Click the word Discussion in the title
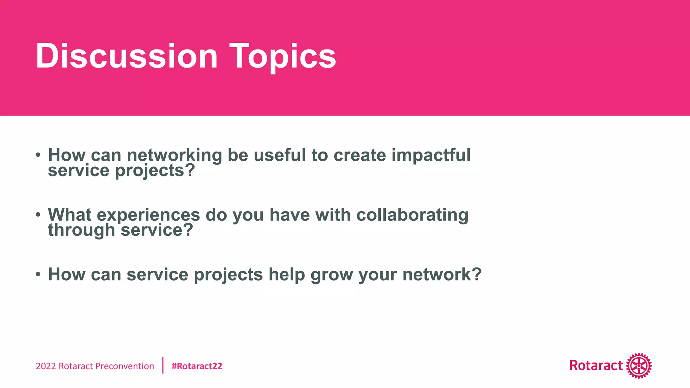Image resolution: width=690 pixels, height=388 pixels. (126, 56)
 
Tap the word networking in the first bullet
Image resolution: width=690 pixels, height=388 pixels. (174, 155)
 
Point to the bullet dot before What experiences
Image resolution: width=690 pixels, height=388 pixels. (38, 215)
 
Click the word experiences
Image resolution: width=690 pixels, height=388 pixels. (148, 215)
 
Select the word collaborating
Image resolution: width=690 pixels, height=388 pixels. (412, 215)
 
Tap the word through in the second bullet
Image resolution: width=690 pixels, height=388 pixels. (82, 230)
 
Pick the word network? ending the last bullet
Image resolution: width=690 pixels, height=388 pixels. (442, 274)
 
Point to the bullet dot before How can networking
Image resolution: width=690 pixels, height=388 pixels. (38, 155)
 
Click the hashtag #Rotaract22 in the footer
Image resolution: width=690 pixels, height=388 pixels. (197, 366)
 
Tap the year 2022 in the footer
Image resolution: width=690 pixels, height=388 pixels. (46, 366)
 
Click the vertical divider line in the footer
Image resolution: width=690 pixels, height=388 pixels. (163, 365)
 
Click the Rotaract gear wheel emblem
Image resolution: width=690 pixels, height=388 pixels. (639, 366)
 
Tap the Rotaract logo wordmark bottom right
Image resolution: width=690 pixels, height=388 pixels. (596, 365)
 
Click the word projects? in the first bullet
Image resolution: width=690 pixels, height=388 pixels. (155, 171)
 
